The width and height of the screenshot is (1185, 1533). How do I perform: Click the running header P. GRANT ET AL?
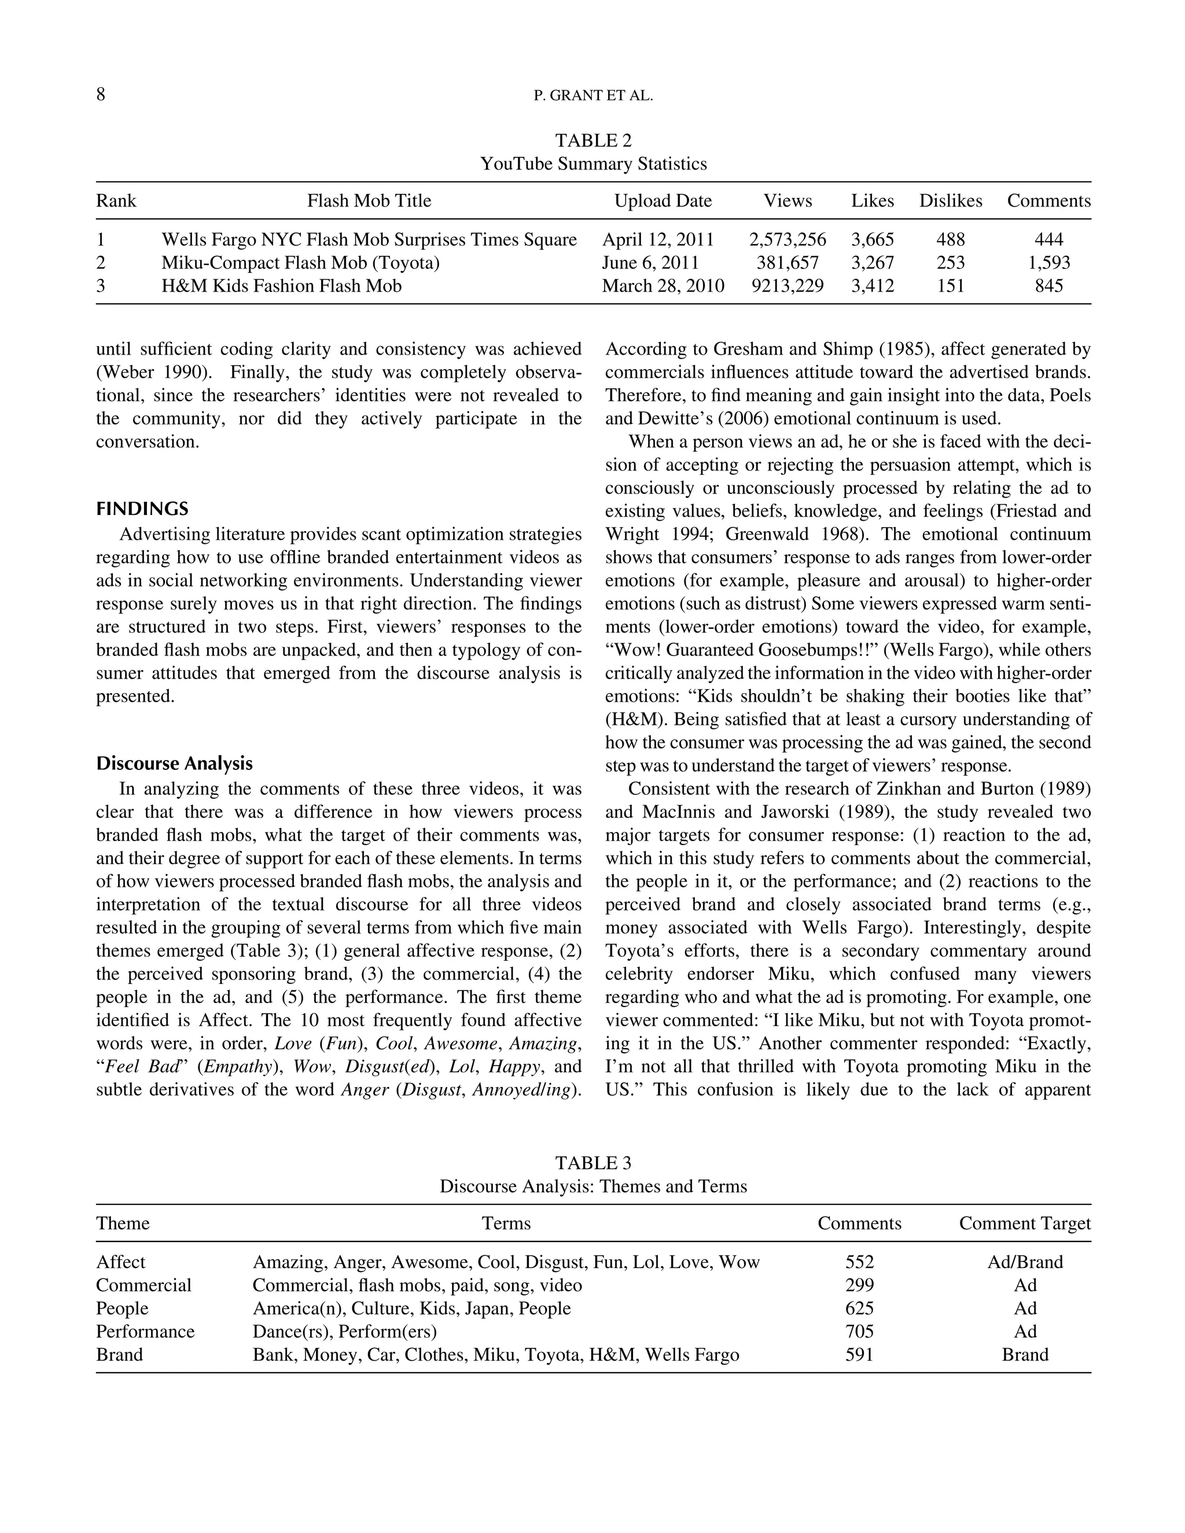(593, 97)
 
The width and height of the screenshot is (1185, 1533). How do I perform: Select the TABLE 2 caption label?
(593, 141)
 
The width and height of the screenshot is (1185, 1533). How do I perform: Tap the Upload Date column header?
(663, 201)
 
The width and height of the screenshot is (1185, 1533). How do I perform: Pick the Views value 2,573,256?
(787, 240)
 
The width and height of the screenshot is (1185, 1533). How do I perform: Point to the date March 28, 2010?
(663, 286)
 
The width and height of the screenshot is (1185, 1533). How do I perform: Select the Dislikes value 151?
(951, 286)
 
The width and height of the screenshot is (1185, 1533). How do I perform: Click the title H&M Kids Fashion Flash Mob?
(282, 286)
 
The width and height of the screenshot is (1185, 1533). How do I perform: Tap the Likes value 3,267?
(873, 263)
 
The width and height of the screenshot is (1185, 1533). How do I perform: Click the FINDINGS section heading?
(142, 509)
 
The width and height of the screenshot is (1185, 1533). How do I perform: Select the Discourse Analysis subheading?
(174, 764)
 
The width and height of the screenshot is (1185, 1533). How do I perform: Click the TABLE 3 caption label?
(593, 1164)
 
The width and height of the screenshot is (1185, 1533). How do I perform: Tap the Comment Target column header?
(1025, 1224)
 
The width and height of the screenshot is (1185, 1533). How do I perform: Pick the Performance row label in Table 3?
(145, 1332)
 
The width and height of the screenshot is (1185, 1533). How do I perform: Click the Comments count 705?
(859, 1332)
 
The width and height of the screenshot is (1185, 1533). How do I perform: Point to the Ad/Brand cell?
(1025, 1263)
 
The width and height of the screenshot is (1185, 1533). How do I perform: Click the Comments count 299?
(859, 1286)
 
